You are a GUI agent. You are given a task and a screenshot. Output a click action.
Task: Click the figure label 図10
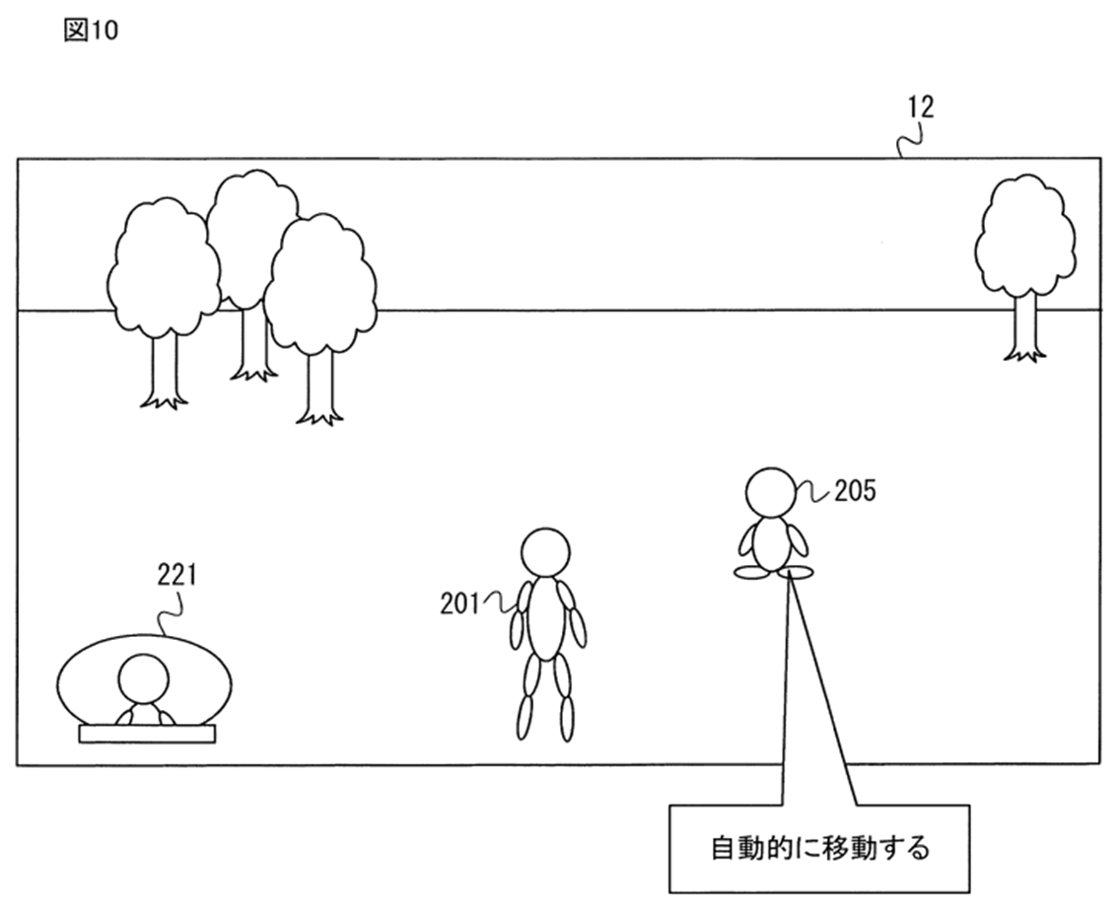tap(90, 31)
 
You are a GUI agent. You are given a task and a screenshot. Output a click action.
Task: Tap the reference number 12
tap(920, 106)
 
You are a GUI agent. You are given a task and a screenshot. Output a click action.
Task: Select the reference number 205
tap(854, 490)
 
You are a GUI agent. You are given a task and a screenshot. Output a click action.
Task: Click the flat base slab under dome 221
tap(147, 734)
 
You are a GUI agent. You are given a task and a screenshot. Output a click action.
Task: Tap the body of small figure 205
tap(772, 542)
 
